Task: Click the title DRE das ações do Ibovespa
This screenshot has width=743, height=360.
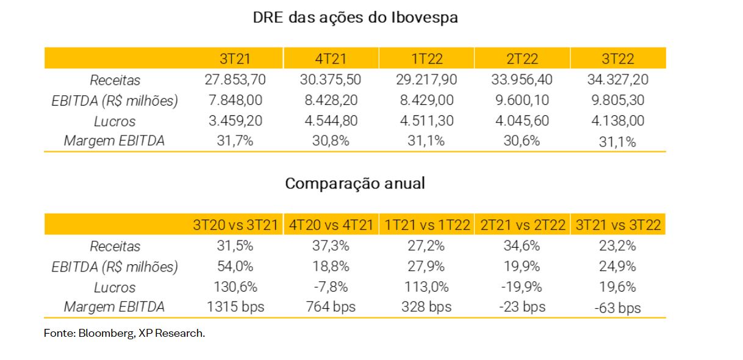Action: click(355, 18)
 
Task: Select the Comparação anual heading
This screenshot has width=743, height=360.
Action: click(355, 184)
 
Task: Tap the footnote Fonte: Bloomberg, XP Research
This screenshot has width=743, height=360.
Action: click(124, 334)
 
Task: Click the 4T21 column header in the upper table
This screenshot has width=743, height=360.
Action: click(331, 59)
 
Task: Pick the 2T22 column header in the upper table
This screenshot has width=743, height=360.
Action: click(522, 59)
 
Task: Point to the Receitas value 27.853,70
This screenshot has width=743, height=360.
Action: click(235, 79)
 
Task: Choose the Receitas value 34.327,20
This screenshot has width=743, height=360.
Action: click(618, 79)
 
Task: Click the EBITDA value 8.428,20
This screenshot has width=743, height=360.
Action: click(331, 100)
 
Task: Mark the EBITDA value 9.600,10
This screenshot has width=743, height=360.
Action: click(522, 100)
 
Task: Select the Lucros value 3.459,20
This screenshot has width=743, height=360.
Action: click(235, 121)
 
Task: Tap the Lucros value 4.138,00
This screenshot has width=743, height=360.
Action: click(618, 121)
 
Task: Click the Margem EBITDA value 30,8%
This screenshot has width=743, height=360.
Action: click(331, 141)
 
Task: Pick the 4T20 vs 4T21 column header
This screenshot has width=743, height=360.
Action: click(331, 225)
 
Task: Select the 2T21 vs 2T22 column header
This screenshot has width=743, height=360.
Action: click(523, 225)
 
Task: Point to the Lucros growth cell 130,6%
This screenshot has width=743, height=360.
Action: click(235, 287)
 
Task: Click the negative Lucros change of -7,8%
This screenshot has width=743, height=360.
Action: click(331, 287)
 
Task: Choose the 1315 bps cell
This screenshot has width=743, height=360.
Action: click(235, 307)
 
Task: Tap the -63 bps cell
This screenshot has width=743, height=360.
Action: click(618, 308)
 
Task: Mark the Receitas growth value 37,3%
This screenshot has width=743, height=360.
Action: click(331, 246)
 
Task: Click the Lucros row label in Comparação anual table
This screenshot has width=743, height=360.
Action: click(115, 287)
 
